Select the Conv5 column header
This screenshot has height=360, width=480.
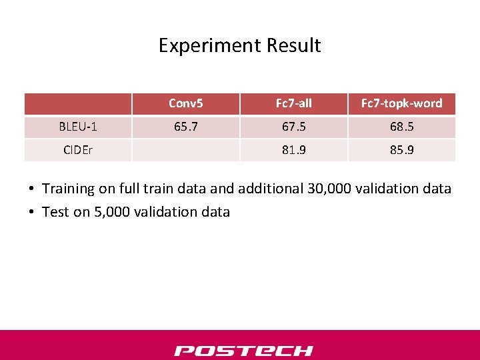(x=185, y=103)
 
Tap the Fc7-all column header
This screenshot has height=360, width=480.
(x=293, y=103)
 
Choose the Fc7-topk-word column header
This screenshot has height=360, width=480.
(x=401, y=103)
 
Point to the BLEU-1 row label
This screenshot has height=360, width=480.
(x=78, y=127)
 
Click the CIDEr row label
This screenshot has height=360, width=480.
(x=78, y=150)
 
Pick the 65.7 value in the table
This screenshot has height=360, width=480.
(x=185, y=127)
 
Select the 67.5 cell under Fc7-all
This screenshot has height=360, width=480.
(x=293, y=127)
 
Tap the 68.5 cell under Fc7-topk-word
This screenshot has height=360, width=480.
(x=401, y=127)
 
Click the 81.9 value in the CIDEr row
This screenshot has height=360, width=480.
(x=293, y=150)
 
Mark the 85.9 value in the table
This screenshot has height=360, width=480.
(x=401, y=150)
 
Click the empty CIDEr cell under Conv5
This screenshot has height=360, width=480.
(x=185, y=150)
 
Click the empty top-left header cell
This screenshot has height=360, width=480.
(x=78, y=103)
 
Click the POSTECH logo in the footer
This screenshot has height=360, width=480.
(x=243, y=351)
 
